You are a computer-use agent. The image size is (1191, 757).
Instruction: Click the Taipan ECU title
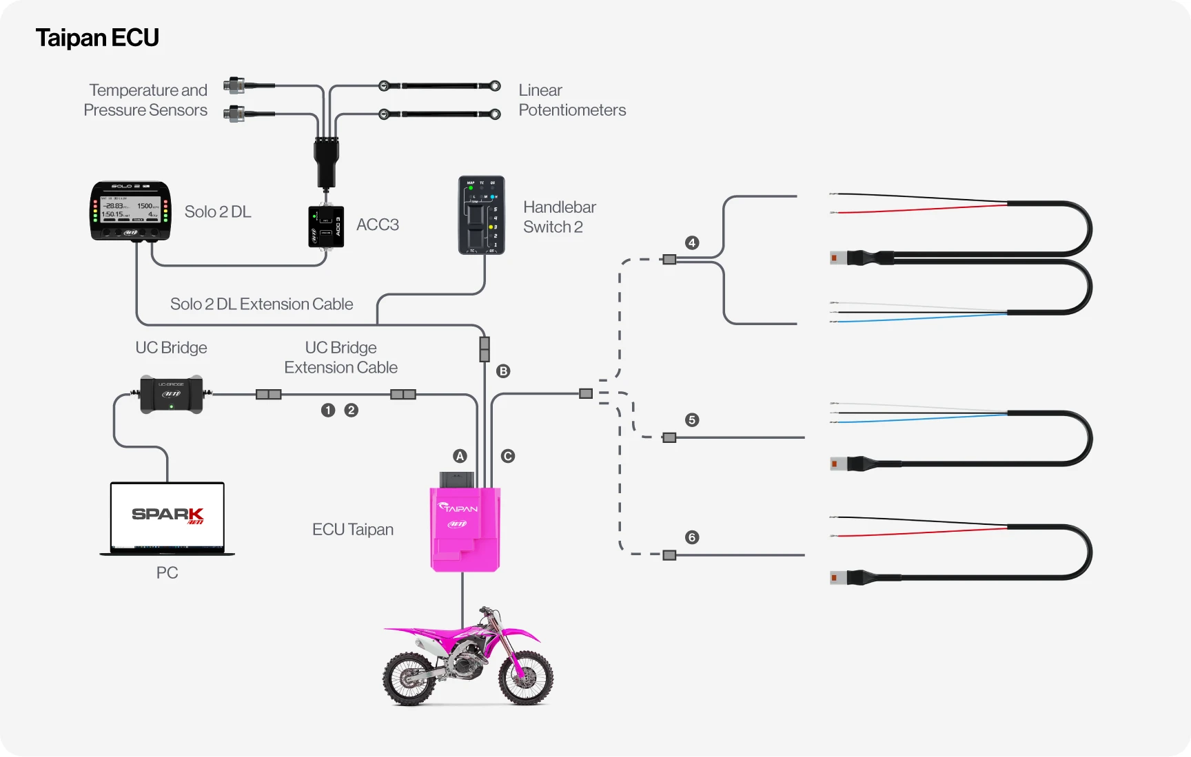pyautogui.click(x=97, y=38)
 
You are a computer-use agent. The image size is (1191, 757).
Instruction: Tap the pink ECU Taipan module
pyautogui.click(x=465, y=529)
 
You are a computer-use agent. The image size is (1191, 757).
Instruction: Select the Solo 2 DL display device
pyautogui.click(x=130, y=211)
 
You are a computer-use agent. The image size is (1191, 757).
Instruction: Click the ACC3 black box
pyautogui.click(x=326, y=226)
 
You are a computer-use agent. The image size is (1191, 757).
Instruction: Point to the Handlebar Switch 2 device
pyautogui.click(x=482, y=215)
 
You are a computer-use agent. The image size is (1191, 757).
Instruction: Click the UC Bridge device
pyautogui.click(x=171, y=394)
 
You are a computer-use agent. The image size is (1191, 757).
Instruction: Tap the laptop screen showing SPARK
pyautogui.click(x=167, y=515)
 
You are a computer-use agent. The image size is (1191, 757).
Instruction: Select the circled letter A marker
pyautogui.click(x=460, y=456)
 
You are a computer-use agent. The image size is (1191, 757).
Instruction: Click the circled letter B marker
pyautogui.click(x=503, y=371)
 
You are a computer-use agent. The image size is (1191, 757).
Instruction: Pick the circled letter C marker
pyautogui.click(x=508, y=456)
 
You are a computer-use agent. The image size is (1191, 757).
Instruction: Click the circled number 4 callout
pyautogui.click(x=692, y=242)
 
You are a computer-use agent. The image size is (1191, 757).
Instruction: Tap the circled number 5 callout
pyautogui.click(x=692, y=420)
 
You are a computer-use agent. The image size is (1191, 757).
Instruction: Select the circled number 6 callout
pyautogui.click(x=692, y=537)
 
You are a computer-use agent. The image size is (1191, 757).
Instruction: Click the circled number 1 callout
pyautogui.click(x=328, y=411)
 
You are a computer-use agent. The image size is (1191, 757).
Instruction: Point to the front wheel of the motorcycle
pyautogui.click(x=526, y=678)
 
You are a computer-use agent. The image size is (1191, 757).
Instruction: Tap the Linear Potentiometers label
pyautogui.click(x=571, y=100)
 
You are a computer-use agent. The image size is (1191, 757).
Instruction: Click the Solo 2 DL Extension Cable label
pyautogui.click(x=261, y=304)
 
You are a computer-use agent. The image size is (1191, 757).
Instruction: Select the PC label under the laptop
pyautogui.click(x=167, y=573)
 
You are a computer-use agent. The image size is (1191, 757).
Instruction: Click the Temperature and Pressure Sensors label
pyautogui.click(x=145, y=100)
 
